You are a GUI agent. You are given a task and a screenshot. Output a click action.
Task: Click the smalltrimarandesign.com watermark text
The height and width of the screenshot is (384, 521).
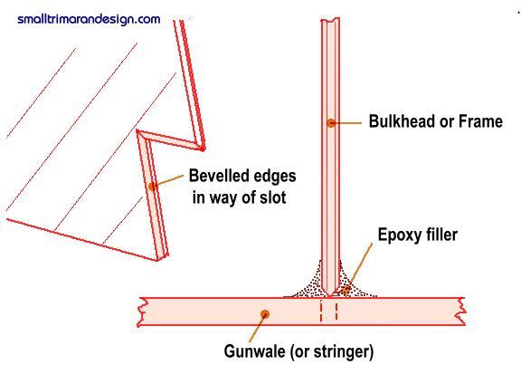pos(89,19)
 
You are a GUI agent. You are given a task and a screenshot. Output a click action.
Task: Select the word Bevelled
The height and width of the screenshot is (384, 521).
pos(219,176)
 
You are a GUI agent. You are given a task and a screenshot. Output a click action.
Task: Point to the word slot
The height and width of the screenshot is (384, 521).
pos(273,197)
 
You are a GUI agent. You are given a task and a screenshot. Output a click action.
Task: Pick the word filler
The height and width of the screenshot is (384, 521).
pos(440,235)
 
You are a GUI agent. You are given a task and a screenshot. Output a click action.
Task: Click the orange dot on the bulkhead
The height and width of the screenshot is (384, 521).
pos(331,123)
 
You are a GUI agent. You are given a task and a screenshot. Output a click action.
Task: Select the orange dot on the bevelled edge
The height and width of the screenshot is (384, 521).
pos(153,187)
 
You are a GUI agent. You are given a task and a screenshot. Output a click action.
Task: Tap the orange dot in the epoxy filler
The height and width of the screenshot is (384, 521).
pos(346,291)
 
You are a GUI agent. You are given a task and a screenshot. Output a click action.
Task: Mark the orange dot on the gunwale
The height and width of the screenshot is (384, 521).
pos(265,314)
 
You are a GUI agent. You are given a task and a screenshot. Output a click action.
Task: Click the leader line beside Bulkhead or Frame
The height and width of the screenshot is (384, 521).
pos(346,123)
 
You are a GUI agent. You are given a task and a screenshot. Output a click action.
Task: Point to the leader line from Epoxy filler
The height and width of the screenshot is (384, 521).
pos(359,267)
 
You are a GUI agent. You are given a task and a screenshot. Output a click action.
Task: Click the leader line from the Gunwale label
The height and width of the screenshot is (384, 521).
pos(257,328)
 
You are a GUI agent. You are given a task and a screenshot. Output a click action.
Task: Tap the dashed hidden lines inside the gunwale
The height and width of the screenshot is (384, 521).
pos(329,311)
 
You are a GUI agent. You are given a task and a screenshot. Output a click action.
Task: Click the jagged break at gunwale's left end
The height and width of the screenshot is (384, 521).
pos(141,312)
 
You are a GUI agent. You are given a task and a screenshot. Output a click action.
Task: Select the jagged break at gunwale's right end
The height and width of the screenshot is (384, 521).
pos(461,312)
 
